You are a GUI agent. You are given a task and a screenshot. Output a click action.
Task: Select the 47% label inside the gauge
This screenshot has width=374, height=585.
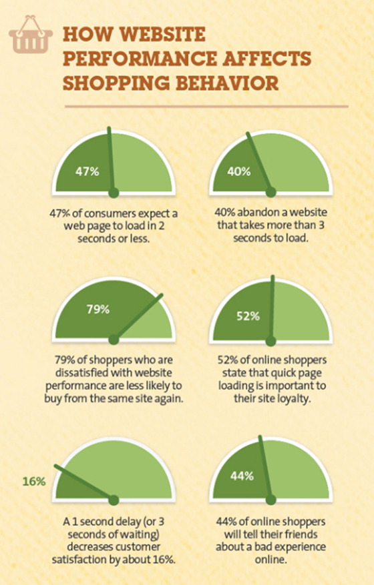(x=87, y=171)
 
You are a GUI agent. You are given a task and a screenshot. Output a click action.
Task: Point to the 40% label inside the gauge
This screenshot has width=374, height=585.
(x=238, y=171)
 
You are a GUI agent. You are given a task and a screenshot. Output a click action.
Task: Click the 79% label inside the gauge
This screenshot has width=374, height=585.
(x=98, y=310)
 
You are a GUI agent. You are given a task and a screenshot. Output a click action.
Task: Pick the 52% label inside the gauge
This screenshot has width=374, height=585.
(x=248, y=316)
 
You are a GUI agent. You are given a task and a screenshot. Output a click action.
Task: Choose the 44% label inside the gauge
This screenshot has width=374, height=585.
(x=242, y=476)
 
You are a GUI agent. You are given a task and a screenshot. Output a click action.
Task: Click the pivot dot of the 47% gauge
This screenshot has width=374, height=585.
(x=114, y=193)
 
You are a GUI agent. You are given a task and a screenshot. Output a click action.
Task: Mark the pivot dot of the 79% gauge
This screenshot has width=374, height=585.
(x=114, y=338)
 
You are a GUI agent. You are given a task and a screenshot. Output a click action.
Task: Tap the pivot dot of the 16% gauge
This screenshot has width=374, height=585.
(x=114, y=499)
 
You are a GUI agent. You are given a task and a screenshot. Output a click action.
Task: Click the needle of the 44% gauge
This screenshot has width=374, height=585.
(x=267, y=467)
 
